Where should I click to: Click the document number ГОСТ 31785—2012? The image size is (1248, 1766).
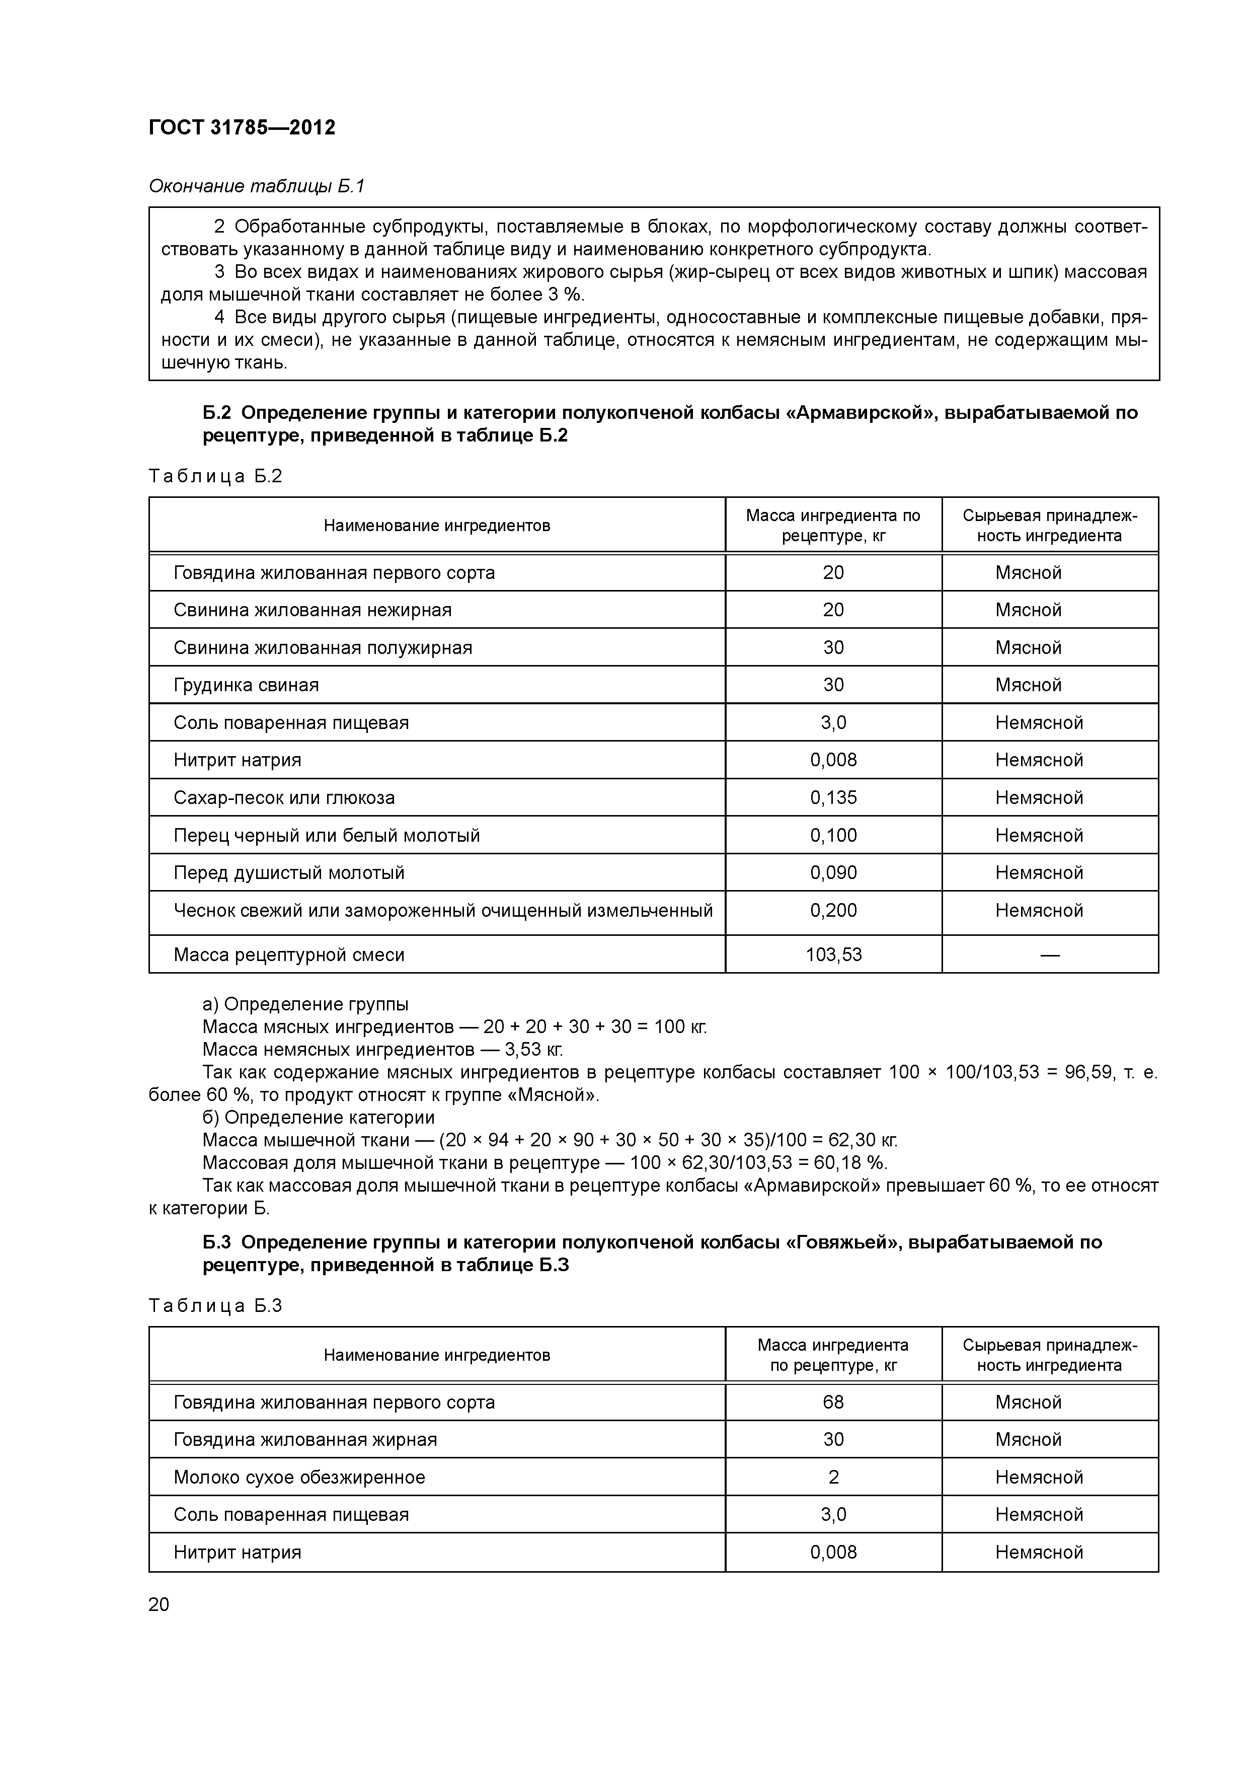point(242,128)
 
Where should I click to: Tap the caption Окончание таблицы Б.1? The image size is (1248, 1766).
point(256,186)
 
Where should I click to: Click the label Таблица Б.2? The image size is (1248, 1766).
point(215,476)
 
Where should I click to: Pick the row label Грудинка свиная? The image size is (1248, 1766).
point(246,685)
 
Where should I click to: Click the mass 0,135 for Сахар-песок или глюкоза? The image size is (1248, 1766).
point(833,797)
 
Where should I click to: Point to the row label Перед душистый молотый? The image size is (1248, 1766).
point(289,873)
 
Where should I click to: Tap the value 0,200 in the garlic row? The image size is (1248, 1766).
point(833,911)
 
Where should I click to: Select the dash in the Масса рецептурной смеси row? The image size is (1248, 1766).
point(1050,955)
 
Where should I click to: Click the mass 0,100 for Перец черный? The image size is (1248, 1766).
point(833,835)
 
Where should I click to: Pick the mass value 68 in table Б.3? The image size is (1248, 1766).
point(833,1402)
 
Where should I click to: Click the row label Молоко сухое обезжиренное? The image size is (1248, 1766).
point(299,1478)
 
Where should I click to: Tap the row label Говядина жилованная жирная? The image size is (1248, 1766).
point(305,1440)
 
